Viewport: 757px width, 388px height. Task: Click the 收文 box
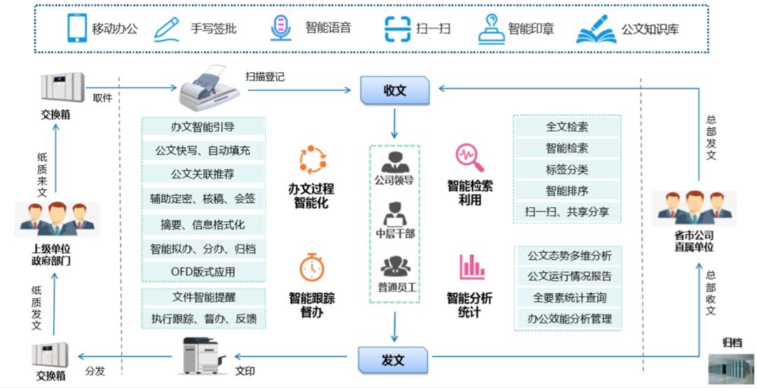(394, 91)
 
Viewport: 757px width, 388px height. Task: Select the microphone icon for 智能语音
(280, 29)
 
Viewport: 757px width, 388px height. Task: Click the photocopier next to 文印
(204, 356)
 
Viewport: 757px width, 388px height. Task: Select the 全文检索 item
(567, 127)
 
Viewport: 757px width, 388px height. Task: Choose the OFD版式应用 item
(203, 271)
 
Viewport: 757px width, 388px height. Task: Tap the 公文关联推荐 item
(203, 174)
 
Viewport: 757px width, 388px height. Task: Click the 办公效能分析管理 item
(569, 319)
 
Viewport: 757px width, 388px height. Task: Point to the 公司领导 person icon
(393, 160)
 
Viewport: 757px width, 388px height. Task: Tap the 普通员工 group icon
(394, 267)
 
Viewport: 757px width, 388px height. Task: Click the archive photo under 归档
(730, 368)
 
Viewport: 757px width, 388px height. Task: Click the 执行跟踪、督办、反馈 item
(203, 319)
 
